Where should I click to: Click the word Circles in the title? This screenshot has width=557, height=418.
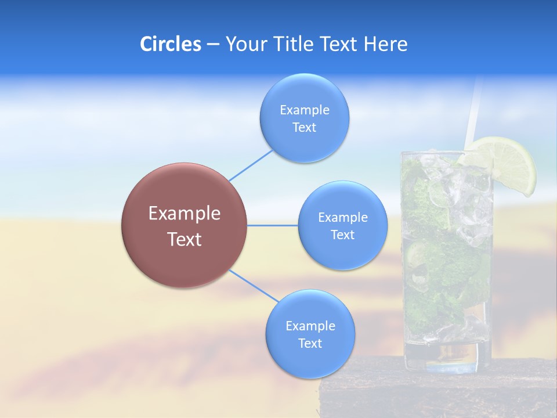tap(170, 44)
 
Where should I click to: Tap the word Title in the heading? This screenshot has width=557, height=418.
tap(292, 44)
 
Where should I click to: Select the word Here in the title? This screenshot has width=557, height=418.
tap(386, 44)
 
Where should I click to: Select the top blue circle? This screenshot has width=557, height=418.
tap(304, 93)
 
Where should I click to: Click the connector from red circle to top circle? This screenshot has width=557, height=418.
tap(251, 164)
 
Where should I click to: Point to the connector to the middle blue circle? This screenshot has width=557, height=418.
tap(273, 225)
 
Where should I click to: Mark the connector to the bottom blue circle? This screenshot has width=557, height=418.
tap(254, 286)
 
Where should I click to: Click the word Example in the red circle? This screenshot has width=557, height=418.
tap(185, 214)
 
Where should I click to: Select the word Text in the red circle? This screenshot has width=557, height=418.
tap(185, 239)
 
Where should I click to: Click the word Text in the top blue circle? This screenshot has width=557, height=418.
tap(304, 128)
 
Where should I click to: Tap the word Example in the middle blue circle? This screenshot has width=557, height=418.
tap(342, 218)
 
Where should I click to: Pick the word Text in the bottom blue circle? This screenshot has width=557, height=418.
tap(310, 343)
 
